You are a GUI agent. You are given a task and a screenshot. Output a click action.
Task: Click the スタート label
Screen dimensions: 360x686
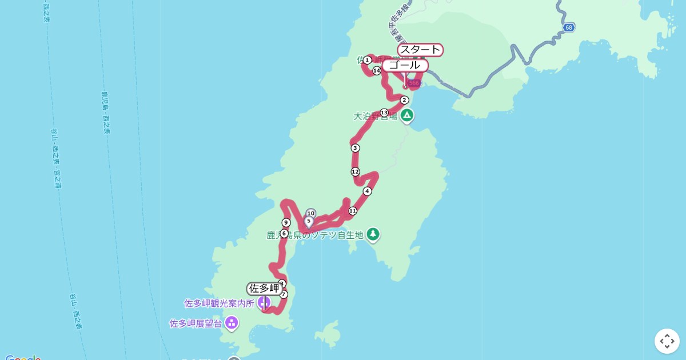pos(420,50)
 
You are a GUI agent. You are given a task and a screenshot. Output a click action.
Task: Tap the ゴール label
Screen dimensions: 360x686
pos(405,65)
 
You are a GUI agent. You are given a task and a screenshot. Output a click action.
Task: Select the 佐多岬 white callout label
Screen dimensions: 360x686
pos(264,289)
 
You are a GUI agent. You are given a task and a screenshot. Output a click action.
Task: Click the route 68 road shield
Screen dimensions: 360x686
pos(568,27)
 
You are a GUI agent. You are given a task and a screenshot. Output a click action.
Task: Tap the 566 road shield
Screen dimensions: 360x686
pos(414,83)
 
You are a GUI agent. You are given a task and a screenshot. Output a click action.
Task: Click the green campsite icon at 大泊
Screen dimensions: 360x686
pos(406,115)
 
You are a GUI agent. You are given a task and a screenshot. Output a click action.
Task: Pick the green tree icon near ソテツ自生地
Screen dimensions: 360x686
pos(373,234)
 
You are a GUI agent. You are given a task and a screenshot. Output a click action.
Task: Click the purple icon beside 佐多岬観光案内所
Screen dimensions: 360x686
pos(264,302)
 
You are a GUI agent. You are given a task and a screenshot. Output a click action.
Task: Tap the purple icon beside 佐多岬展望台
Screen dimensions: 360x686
pos(232,323)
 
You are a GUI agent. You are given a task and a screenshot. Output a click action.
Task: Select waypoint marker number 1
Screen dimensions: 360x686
pos(367,60)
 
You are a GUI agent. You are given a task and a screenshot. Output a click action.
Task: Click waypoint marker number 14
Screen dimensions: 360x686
pos(376,71)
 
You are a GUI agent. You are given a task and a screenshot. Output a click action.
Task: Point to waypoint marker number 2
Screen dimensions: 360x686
pos(404,100)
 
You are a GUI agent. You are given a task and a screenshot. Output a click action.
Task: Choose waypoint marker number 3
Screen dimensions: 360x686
pos(355,148)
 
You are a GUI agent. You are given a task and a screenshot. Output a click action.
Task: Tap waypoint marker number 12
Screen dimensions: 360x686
pos(355,171)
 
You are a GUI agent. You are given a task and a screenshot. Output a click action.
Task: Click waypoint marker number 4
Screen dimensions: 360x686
pos(367,191)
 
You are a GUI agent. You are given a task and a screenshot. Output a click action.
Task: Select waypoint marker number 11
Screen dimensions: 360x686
pos(353,211)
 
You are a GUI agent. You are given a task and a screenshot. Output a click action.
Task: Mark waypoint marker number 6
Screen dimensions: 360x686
pos(284,233)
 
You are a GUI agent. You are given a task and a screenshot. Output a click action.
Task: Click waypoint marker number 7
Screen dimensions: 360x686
pos(284,294)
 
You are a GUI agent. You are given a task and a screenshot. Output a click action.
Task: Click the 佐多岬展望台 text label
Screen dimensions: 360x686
pos(196,323)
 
